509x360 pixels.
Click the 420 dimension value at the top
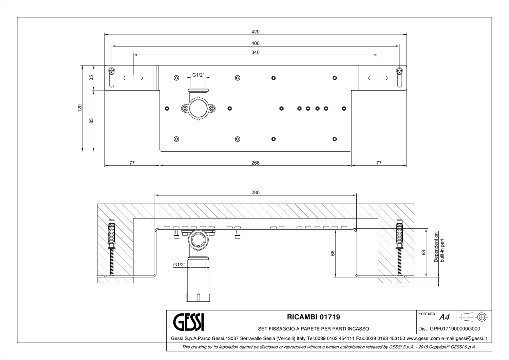click(x=256, y=32)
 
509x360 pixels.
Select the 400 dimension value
click(x=256, y=43)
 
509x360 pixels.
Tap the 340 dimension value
click(x=256, y=52)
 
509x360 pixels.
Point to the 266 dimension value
click(x=256, y=163)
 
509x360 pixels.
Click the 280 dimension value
click(x=256, y=192)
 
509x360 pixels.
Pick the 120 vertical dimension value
click(x=80, y=108)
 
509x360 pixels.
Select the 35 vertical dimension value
click(x=91, y=77)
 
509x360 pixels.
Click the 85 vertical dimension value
click(x=91, y=121)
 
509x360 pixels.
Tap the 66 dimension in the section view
click(x=333, y=253)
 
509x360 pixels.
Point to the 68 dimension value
click(x=423, y=252)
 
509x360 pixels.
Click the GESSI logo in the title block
click(x=189, y=322)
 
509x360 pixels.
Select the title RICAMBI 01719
click(x=314, y=317)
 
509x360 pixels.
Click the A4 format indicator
click(x=444, y=317)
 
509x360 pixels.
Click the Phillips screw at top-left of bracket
click(x=112, y=71)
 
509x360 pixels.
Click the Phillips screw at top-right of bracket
click(x=399, y=71)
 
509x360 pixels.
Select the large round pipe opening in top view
click(x=198, y=109)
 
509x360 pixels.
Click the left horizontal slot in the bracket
click(x=133, y=78)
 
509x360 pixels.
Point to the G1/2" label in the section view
click(x=179, y=265)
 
